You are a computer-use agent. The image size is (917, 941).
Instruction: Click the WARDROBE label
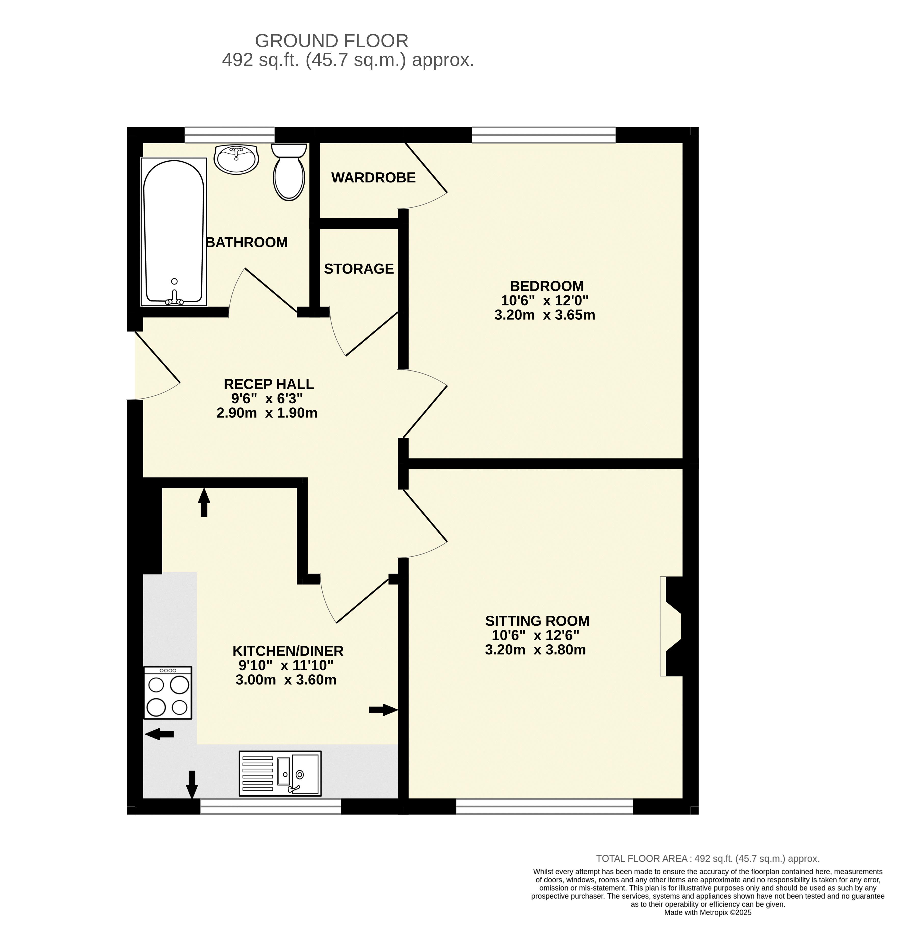click(x=373, y=178)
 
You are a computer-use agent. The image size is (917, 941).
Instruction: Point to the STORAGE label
click(x=359, y=269)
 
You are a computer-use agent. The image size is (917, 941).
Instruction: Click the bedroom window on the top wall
click(x=544, y=135)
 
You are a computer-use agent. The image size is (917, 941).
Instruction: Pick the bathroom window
click(x=229, y=135)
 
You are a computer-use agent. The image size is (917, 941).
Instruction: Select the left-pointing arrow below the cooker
click(x=159, y=734)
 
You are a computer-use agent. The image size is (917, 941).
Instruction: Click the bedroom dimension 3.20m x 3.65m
click(x=545, y=315)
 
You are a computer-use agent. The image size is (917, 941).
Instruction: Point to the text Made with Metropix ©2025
click(x=708, y=912)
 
